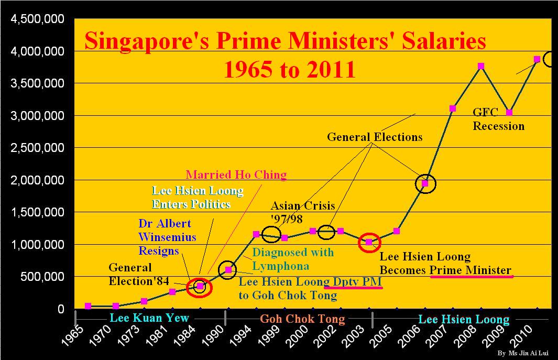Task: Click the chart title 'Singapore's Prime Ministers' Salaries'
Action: [286, 41]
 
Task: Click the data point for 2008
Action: [481, 66]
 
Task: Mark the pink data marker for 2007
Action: [453, 108]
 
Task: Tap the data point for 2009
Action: [509, 113]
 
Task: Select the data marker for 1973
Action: [144, 301]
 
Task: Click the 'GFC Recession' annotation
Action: [498, 119]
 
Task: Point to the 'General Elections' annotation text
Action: [375, 137]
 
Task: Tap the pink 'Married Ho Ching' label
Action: [236, 175]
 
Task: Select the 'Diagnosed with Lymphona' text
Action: [293, 258]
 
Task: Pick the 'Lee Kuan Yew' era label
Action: [149, 319]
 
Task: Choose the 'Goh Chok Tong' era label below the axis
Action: [302, 319]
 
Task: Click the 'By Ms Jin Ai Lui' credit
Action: [524, 354]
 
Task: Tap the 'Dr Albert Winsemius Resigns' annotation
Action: [168, 237]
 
